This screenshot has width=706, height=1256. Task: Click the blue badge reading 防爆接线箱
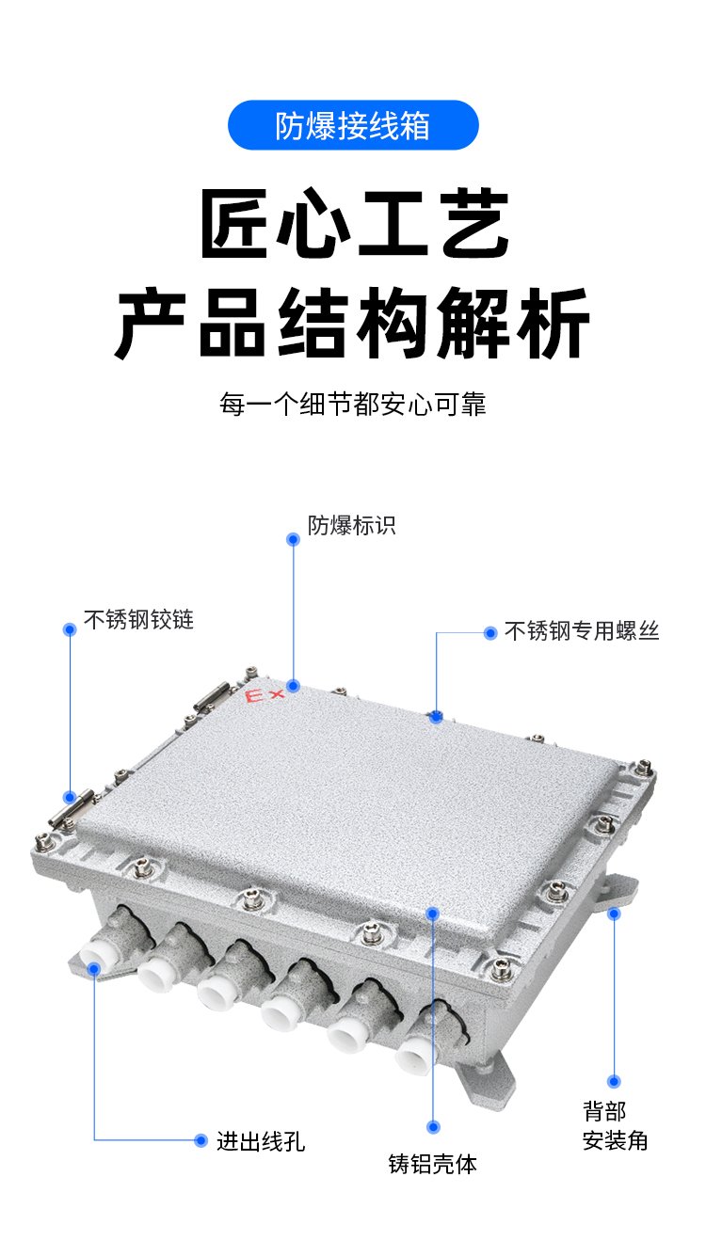pyautogui.click(x=353, y=125)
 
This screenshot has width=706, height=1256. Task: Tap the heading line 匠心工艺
pyautogui.click(x=355, y=224)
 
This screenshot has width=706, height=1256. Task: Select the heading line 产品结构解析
pyautogui.click(x=352, y=323)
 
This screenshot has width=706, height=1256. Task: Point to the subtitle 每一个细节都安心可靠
pyautogui.click(x=352, y=404)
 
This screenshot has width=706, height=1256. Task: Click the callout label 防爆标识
pyautogui.click(x=352, y=525)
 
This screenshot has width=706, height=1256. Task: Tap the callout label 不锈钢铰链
pyautogui.click(x=138, y=620)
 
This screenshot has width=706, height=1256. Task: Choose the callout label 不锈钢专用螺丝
pyautogui.click(x=582, y=630)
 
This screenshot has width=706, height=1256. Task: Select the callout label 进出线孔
pyautogui.click(x=261, y=1141)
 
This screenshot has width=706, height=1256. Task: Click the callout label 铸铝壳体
pyautogui.click(x=433, y=1164)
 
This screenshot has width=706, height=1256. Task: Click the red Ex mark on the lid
pyautogui.click(x=264, y=696)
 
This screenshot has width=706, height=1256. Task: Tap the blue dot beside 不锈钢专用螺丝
pyautogui.click(x=490, y=633)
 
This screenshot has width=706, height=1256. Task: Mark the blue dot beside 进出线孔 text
pyautogui.click(x=201, y=1140)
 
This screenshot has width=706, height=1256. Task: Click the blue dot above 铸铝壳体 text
pyautogui.click(x=433, y=1127)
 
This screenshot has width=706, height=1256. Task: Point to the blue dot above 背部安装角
pyautogui.click(x=614, y=1082)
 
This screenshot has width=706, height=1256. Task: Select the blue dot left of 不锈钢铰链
pyautogui.click(x=70, y=629)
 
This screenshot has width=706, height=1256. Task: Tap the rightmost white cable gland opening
pyautogui.click(x=413, y=1054)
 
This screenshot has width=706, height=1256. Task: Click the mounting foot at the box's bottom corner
pyautogui.click(x=486, y=1077)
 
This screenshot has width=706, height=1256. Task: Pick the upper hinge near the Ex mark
pyautogui.click(x=212, y=697)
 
